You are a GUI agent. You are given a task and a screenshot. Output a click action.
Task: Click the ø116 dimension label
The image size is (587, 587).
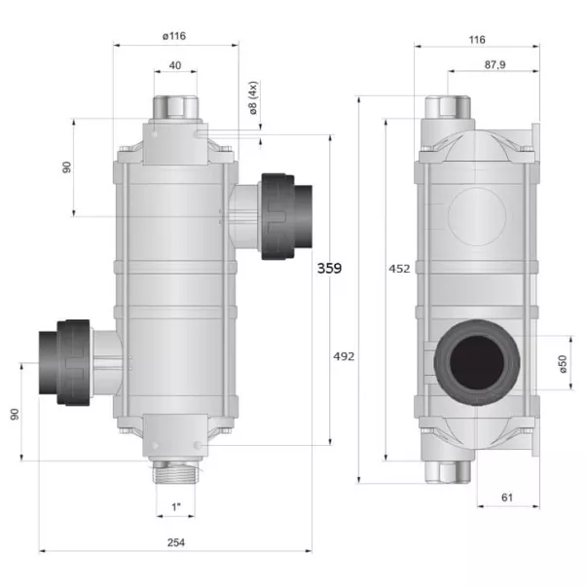175,37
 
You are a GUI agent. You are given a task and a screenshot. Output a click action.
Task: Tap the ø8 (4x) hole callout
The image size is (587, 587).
254,99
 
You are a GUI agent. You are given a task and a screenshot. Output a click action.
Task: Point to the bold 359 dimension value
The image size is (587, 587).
330,268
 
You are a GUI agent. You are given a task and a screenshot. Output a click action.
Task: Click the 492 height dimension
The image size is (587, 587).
344,355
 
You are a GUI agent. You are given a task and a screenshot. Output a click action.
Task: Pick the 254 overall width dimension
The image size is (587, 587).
175,542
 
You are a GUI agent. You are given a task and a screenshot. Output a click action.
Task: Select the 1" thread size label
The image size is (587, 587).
176,507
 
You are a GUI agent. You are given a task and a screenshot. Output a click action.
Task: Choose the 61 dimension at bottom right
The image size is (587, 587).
507,497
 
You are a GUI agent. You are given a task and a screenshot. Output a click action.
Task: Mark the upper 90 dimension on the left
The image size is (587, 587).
67,166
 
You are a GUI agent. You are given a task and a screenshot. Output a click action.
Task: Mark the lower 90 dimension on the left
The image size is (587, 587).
15,413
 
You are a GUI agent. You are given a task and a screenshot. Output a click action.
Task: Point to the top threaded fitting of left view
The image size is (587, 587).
176,105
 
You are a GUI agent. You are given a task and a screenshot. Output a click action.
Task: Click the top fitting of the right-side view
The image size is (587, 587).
449,107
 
